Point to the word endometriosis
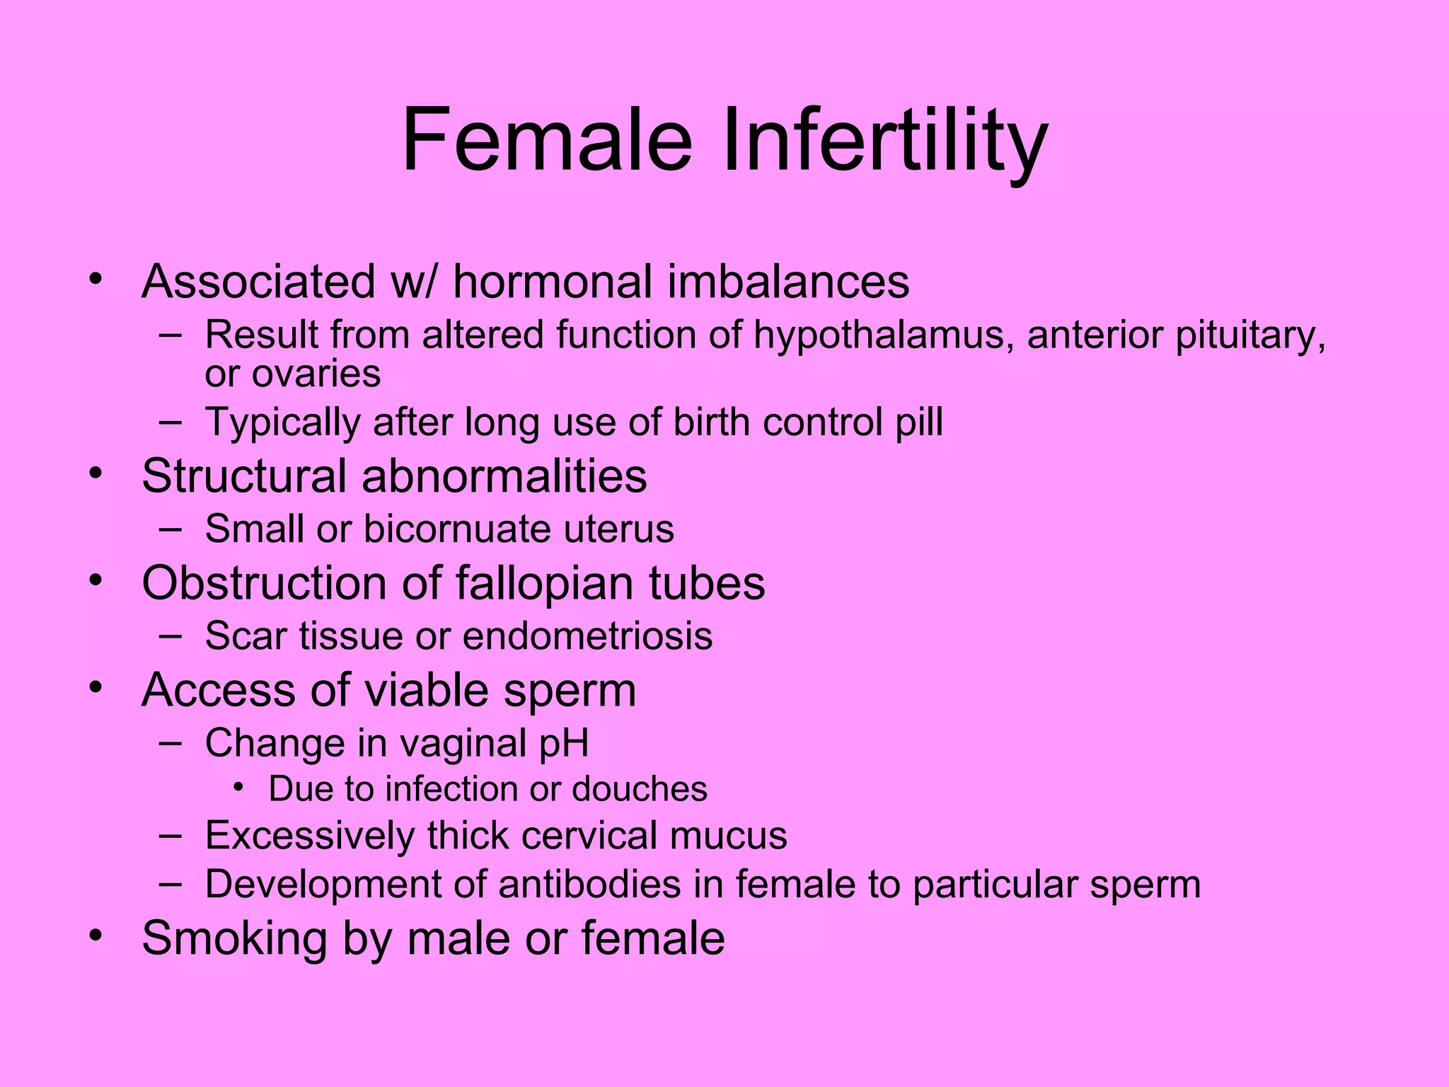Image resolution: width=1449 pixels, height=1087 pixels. (x=587, y=635)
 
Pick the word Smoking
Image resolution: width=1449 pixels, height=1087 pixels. (x=234, y=938)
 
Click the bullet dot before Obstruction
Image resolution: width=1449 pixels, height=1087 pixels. (x=96, y=581)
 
